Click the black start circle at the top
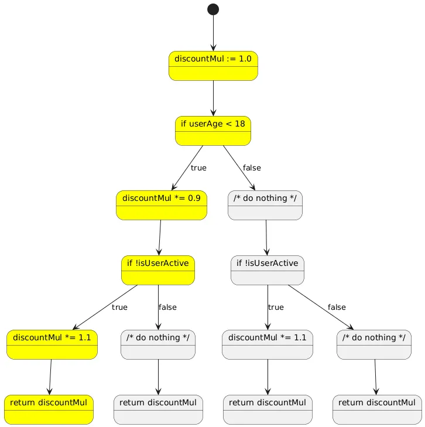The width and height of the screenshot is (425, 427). [x=213, y=9]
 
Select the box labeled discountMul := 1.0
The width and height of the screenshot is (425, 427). [x=213, y=66]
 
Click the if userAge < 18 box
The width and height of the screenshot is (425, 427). [x=213, y=131]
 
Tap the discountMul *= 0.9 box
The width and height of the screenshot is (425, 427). [x=162, y=205]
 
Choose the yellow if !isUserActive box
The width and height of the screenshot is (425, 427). [x=158, y=270]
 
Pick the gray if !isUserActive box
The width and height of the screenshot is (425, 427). [x=267, y=270]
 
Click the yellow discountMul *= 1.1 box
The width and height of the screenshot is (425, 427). [x=52, y=344]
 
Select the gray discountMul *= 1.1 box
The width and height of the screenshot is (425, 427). [x=268, y=344]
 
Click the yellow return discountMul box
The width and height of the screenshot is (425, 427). [x=49, y=409]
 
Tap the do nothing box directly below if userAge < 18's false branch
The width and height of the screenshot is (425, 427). [x=265, y=205]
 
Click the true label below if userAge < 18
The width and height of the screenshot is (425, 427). [x=198, y=168]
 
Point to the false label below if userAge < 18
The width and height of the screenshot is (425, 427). [x=252, y=168]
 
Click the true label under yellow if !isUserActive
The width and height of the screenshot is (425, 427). [x=119, y=307]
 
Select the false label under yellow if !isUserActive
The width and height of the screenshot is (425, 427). [x=167, y=307]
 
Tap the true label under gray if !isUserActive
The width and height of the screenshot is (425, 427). [x=276, y=307]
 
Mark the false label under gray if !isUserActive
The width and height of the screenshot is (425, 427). [x=337, y=307]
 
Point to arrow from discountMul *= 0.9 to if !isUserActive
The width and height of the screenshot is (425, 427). [x=159, y=238]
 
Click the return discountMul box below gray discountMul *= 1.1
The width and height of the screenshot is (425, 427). [x=268, y=409]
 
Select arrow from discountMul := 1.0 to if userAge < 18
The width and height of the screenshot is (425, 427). [x=213, y=98]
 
